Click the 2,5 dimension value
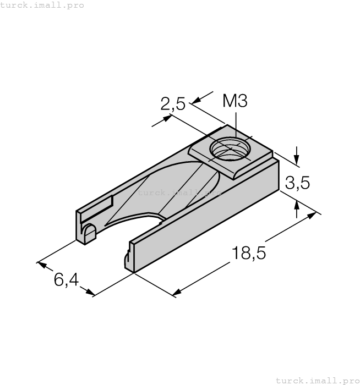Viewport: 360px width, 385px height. (x=173, y=103)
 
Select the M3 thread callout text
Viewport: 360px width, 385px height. (x=235, y=101)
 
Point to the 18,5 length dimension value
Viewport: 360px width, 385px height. (x=249, y=254)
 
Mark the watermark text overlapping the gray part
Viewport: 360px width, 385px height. (x=179, y=193)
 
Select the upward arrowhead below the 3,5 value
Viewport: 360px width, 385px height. (x=297, y=205)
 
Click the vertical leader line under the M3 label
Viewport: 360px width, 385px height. (x=236, y=124)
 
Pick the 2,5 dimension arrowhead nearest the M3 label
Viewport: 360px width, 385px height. (x=193, y=101)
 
